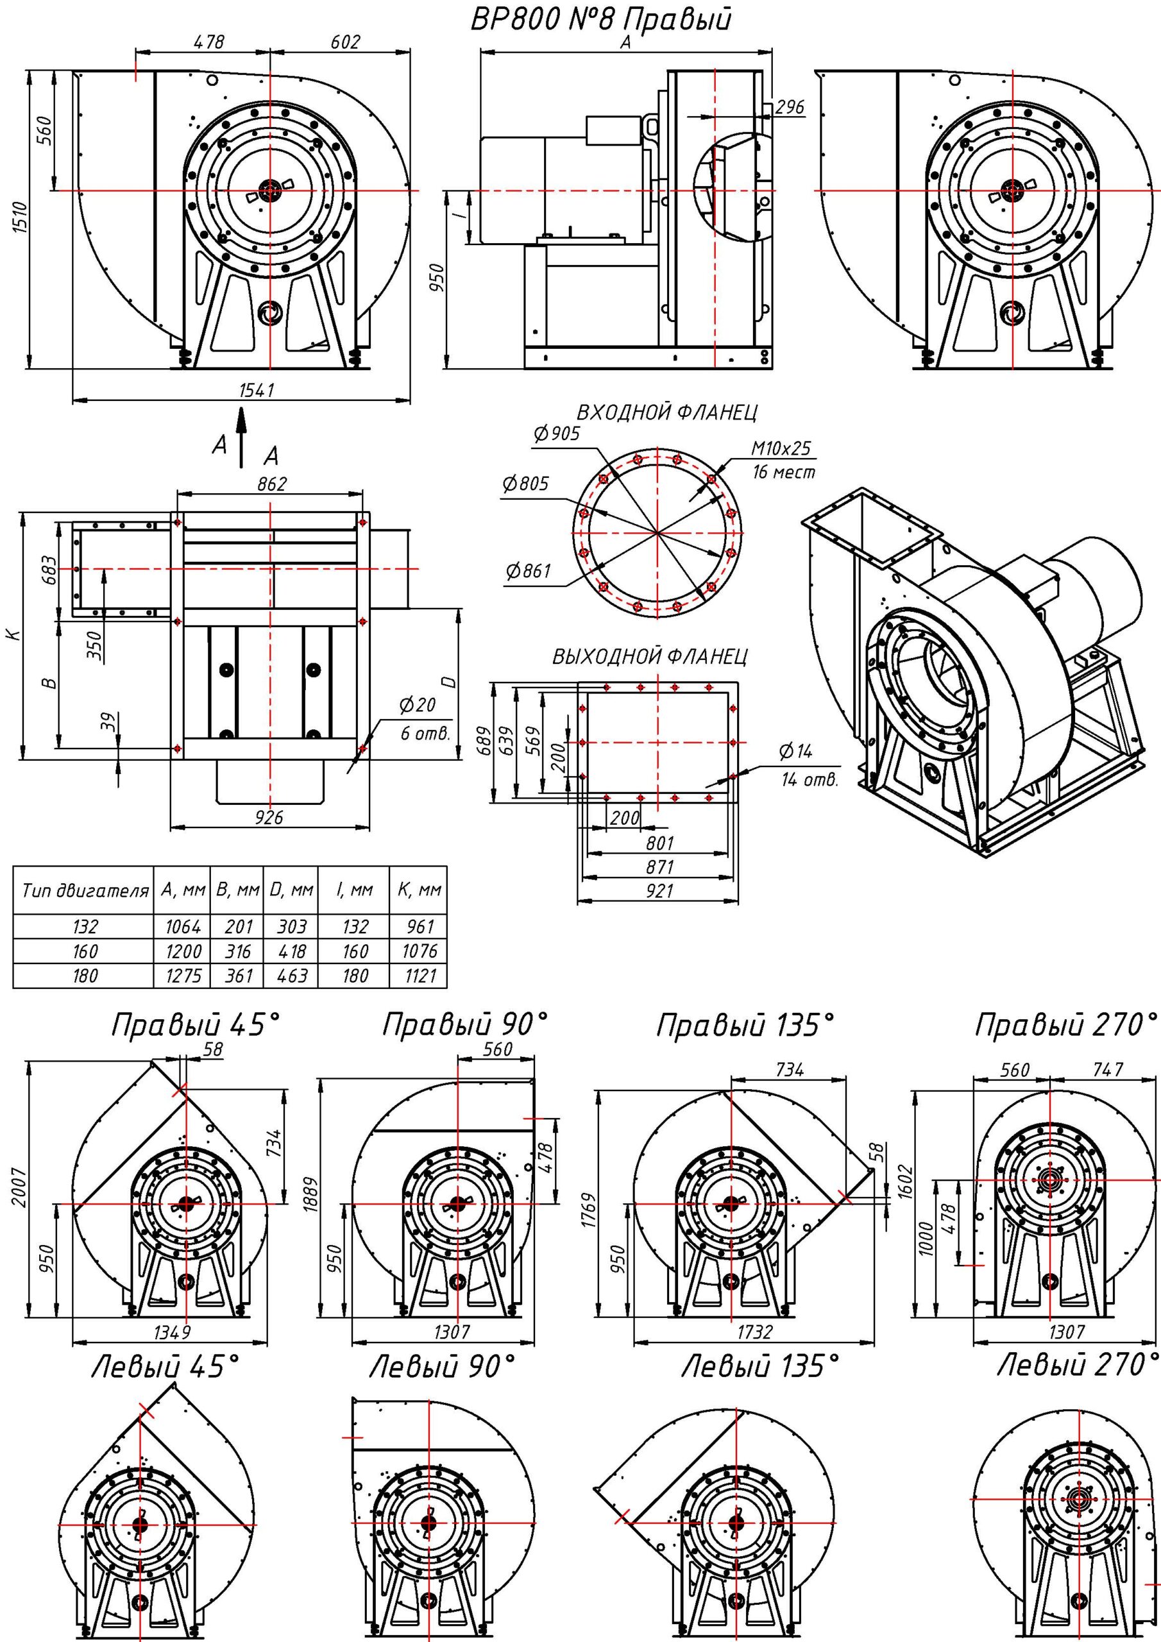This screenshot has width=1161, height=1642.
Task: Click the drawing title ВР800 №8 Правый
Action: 601,20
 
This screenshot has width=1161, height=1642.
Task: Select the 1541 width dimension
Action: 255,391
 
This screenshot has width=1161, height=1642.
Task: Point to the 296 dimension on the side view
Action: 790,107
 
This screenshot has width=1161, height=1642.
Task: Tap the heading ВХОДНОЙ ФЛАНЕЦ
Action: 666,412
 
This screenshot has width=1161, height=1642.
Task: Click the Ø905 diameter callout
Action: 557,434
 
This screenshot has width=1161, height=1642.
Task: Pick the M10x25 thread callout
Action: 781,448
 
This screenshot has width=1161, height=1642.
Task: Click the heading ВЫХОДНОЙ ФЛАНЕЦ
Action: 650,657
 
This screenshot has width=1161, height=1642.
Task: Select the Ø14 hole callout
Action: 795,751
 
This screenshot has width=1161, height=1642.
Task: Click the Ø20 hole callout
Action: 417,706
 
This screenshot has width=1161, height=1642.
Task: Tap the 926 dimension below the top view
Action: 269,817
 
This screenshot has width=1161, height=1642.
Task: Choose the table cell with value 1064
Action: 182,927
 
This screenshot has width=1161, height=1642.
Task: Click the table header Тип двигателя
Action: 85,891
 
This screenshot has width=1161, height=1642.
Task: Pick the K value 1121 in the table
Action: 420,976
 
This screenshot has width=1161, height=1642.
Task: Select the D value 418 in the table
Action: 292,952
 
